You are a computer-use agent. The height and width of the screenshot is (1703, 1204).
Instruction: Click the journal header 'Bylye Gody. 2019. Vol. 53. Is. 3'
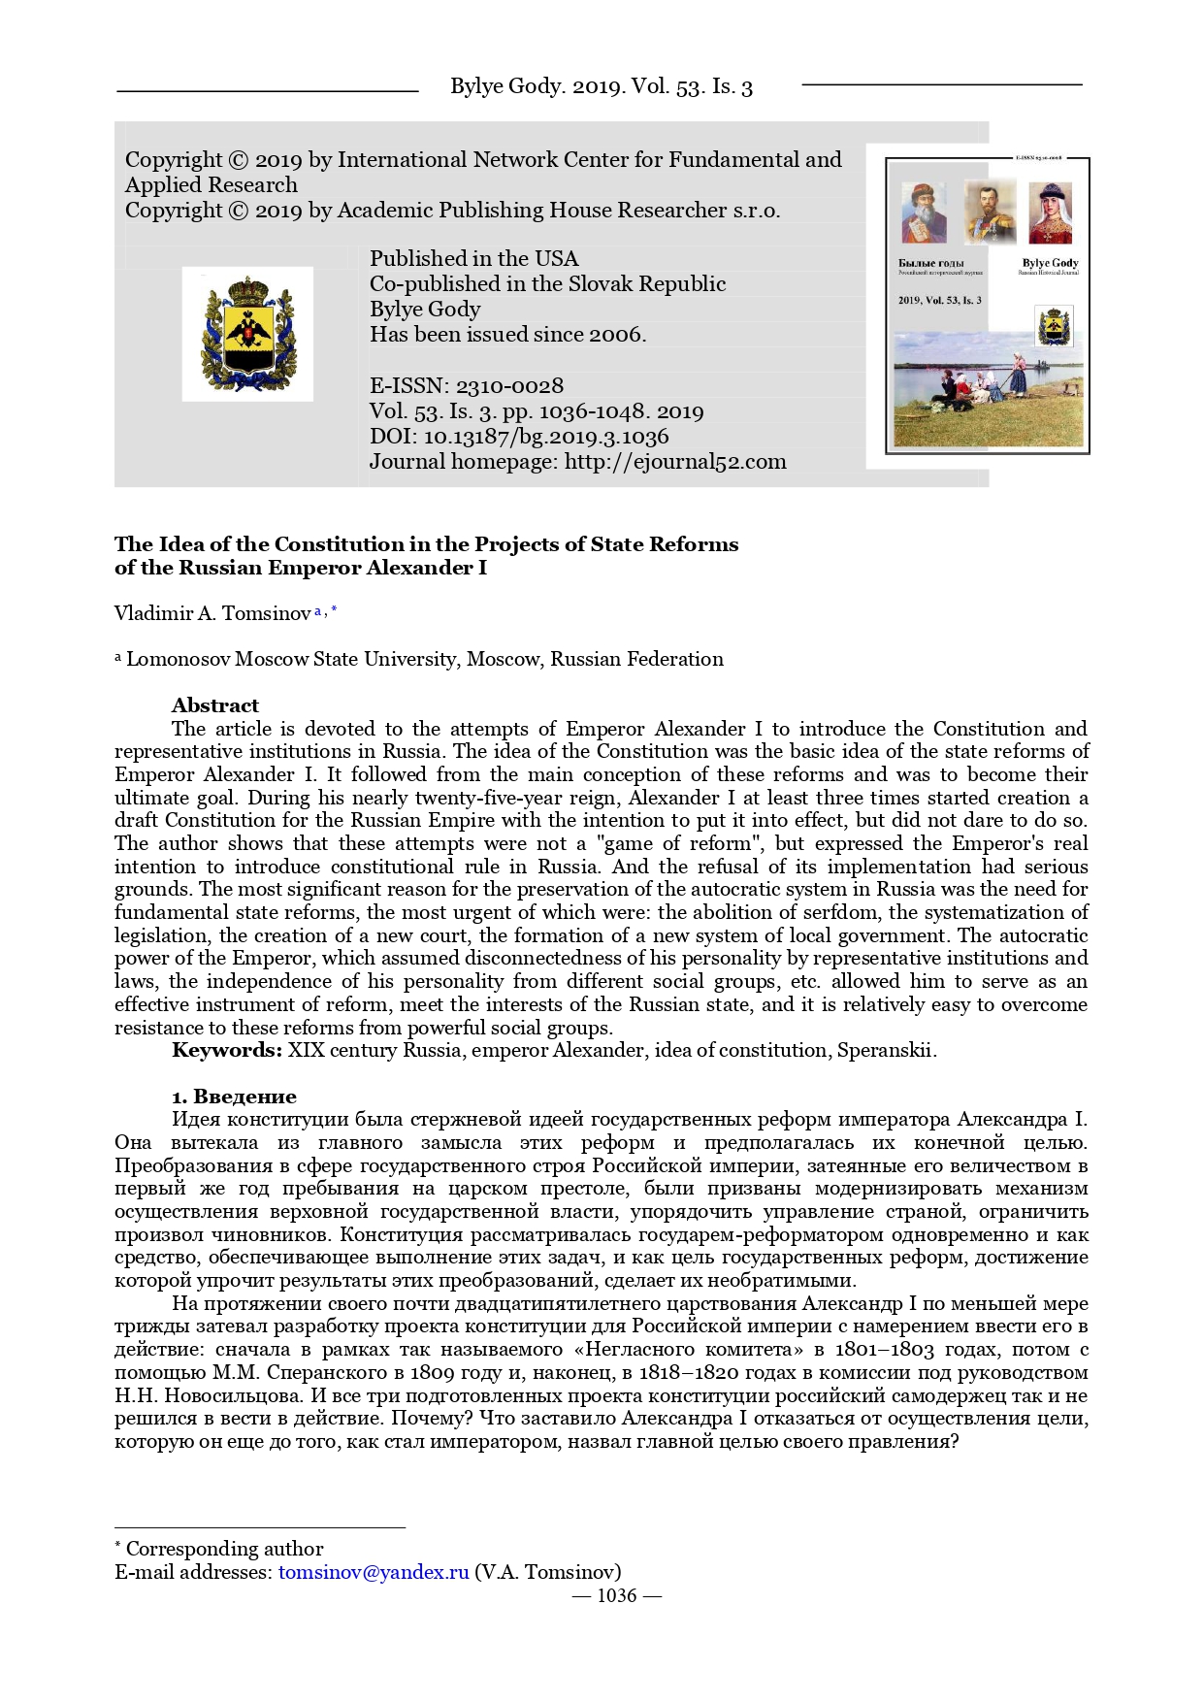[x=601, y=87]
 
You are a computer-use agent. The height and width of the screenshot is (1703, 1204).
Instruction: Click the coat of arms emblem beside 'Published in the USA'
[x=247, y=334]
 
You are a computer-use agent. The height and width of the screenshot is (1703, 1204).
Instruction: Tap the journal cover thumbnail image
[x=987, y=305]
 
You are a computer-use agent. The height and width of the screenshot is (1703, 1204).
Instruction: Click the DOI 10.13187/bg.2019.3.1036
[x=546, y=437]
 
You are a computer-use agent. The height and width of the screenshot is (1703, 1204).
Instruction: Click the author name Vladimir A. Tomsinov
[x=212, y=613]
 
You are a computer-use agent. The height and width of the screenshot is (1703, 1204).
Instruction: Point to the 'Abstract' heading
[x=215, y=705]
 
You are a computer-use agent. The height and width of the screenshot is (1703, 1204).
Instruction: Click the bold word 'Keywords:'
[x=227, y=1050]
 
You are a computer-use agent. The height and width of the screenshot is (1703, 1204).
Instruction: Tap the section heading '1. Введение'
[x=234, y=1097]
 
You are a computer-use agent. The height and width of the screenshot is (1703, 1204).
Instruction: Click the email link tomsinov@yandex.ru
[x=374, y=1572]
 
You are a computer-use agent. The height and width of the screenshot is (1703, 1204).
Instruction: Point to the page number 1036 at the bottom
[x=616, y=1596]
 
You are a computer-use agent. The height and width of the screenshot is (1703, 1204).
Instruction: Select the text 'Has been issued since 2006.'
[x=507, y=335]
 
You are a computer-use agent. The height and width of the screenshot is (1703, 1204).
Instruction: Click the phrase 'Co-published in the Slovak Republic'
[x=547, y=284]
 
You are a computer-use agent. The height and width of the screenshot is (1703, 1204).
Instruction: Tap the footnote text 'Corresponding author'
[x=224, y=1549]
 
